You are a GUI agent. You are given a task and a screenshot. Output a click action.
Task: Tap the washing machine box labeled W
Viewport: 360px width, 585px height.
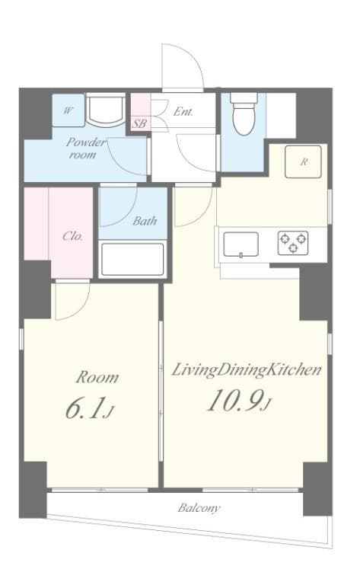pyautogui.click(x=68, y=111)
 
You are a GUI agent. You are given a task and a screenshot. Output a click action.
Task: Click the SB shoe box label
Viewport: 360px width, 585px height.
pyautogui.click(x=140, y=123)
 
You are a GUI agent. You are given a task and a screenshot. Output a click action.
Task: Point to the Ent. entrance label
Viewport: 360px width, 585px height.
pyautogui.click(x=183, y=111)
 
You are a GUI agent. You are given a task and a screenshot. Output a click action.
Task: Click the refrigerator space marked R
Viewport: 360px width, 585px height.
pyautogui.click(x=303, y=161)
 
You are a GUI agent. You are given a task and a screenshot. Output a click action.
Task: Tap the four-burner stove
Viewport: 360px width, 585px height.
pyautogui.click(x=293, y=242)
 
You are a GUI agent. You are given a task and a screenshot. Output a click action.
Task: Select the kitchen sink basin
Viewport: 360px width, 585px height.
pyautogui.click(x=240, y=244)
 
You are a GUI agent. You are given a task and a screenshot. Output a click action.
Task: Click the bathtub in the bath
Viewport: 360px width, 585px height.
pyautogui.click(x=132, y=259)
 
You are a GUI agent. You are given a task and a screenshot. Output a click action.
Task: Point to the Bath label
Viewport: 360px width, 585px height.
pyautogui.click(x=145, y=222)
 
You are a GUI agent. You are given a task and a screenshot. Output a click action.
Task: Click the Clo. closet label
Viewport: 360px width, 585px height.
pyautogui.click(x=72, y=235)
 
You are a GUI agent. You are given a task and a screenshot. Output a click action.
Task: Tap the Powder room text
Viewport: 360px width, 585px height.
pyautogui.click(x=85, y=148)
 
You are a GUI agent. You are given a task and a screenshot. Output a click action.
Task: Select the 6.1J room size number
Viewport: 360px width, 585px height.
pyautogui.click(x=88, y=409)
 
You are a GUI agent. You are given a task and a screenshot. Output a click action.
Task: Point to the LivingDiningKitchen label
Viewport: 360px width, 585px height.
pyautogui.click(x=246, y=370)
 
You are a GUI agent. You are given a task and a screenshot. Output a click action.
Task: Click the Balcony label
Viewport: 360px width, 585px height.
pyautogui.click(x=199, y=507)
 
